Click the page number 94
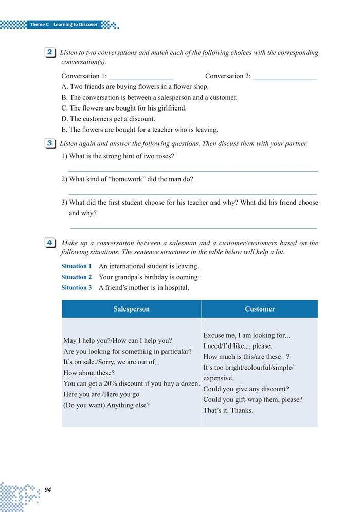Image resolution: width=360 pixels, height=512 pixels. click(x=48, y=490)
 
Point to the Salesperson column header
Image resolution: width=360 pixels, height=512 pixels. click(x=132, y=309)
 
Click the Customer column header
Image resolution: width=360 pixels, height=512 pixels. click(x=260, y=309)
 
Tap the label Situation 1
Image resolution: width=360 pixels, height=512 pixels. click(x=76, y=266)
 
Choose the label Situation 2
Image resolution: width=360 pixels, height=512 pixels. click(x=76, y=277)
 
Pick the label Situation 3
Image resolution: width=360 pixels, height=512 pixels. click(x=76, y=288)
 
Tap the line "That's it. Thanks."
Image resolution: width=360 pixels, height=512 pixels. click(x=228, y=411)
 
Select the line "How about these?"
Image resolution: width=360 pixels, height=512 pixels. click(x=89, y=373)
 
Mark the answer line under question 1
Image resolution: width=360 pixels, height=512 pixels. click(x=193, y=171)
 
